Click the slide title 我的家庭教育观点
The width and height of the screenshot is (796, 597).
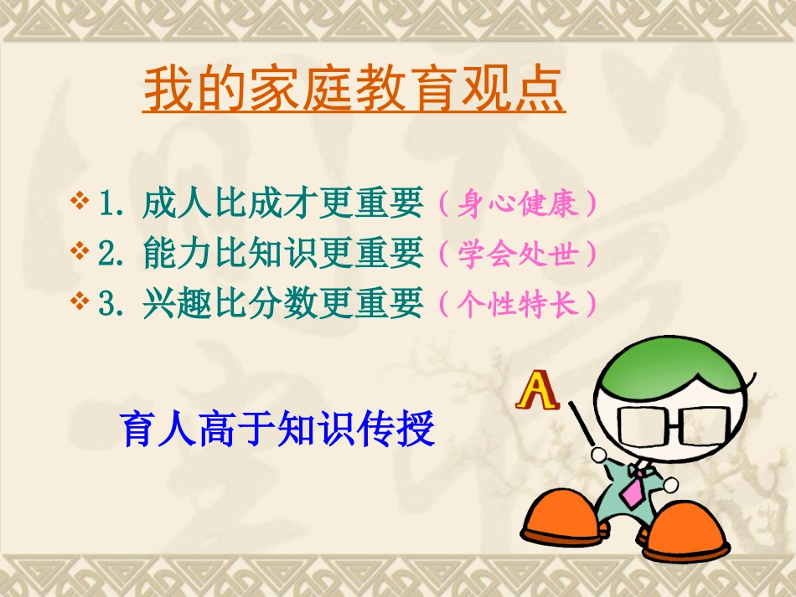(x=354, y=90)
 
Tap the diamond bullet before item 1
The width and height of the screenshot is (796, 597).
(x=81, y=202)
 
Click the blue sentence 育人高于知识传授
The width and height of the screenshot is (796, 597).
(x=278, y=429)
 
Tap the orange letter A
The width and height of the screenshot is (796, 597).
(x=538, y=391)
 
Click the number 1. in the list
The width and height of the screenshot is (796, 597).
(x=113, y=203)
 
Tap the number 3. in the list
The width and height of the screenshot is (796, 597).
(x=113, y=304)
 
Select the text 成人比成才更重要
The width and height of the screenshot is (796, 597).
(x=283, y=203)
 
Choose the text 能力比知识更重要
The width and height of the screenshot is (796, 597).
(x=283, y=254)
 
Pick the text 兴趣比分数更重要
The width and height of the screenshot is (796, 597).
(x=283, y=304)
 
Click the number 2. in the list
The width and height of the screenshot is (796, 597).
(x=113, y=254)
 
